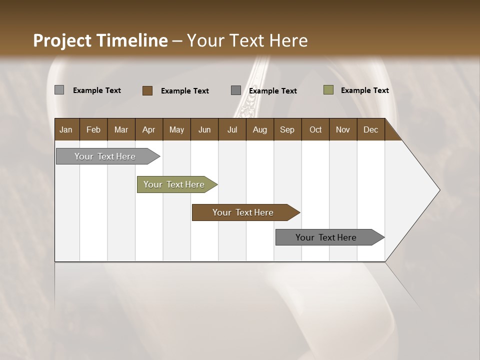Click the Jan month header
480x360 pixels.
tap(66, 129)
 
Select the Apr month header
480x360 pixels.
tap(149, 129)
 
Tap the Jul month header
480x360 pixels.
tap(232, 129)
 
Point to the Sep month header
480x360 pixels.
tap(287, 129)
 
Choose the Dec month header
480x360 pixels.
tap(371, 129)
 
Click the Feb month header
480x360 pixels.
tap(93, 129)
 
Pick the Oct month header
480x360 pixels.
tap(315, 129)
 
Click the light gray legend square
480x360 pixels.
tap(59, 90)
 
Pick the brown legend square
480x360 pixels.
tap(147, 90)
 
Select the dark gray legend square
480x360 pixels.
tap(236, 90)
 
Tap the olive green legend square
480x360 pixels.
tap(328, 90)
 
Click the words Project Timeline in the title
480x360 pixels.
tap(100, 40)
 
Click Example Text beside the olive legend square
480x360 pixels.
tap(364, 90)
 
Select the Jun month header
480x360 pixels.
tap(204, 129)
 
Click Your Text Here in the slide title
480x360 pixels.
tap(247, 40)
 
